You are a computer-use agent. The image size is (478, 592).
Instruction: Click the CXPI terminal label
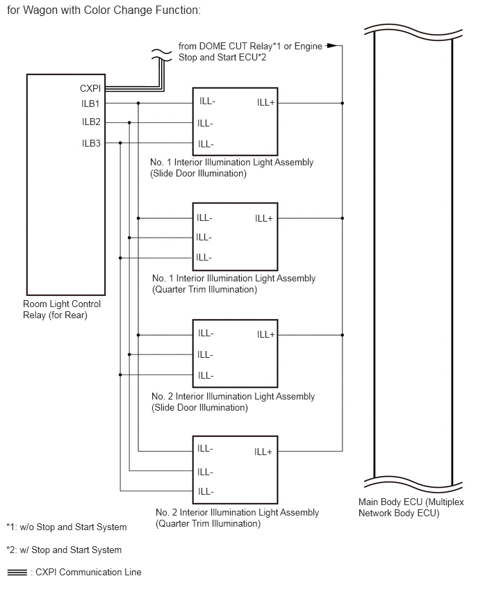[x=90, y=88]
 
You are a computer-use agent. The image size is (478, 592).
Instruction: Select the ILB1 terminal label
[x=90, y=104]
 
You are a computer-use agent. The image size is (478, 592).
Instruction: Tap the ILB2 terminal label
[x=91, y=122]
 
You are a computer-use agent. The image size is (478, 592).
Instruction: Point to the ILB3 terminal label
[x=91, y=143]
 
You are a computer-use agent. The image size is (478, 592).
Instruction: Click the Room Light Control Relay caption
[x=62, y=310]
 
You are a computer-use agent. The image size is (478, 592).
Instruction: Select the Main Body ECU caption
[x=411, y=507]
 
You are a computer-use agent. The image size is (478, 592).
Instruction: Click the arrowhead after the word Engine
[x=331, y=46]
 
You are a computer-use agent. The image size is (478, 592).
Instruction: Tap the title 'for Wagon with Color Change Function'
[x=104, y=10]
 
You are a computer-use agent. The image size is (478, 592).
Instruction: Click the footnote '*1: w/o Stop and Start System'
[x=67, y=527]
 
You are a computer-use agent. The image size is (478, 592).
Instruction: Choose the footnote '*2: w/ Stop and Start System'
[x=64, y=550]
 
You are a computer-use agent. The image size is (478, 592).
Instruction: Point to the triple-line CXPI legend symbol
[x=17, y=573]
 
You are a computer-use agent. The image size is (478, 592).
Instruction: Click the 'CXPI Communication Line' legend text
[x=88, y=573]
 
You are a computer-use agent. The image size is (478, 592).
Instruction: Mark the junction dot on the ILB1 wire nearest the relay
[x=138, y=103]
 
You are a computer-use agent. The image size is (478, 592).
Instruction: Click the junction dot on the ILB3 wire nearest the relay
[x=120, y=143]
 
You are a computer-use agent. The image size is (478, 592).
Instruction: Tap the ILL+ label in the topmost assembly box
[x=266, y=103]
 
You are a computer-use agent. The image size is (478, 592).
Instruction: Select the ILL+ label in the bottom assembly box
[x=263, y=452]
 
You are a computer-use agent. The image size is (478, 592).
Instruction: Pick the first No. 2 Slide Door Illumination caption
[x=233, y=402]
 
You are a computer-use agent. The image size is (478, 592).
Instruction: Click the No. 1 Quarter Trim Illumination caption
[x=233, y=284]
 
